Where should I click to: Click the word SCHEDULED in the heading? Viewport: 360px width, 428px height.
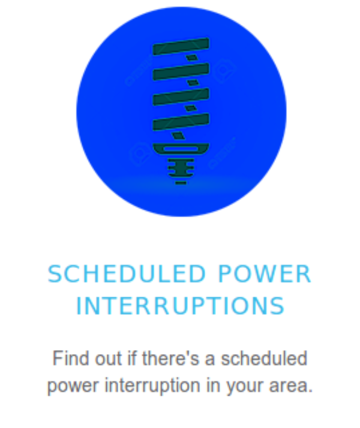click(127, 274)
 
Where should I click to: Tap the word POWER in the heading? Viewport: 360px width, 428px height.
click(265, 274)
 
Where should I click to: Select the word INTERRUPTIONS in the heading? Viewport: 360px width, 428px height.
click(181, 306)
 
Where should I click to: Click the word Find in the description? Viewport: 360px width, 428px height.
click(70, 358)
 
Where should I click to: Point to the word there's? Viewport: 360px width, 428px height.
click(171, 358)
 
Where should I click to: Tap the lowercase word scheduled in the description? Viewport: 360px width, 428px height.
click(264, 358)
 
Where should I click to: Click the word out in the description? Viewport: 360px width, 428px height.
click(108, 358)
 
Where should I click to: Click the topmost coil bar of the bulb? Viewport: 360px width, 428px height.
click(181, 46)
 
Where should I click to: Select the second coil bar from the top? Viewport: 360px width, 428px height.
click(181, 71)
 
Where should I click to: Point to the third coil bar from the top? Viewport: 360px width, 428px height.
click(181, 97)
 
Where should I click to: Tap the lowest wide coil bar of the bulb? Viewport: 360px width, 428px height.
click(181, 122)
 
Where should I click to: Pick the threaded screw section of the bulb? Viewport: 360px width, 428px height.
click(181, 167)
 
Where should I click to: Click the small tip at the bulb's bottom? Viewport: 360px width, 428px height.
click(181, 183)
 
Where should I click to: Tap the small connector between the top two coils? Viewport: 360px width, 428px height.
click(192, 58)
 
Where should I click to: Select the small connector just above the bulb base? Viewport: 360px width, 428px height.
click(179, 135)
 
